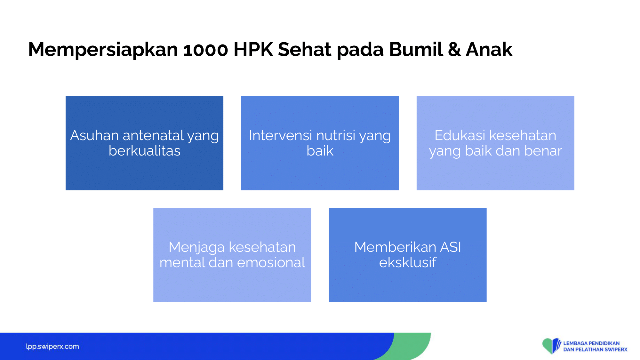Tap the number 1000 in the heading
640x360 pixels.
pos(206,50)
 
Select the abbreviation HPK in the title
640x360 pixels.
pos(253,50)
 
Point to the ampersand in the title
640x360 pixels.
pos(454,50)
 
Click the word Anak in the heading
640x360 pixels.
pos(489,50)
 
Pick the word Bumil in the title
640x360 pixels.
pos(416,50)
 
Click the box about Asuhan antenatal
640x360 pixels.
pos(144,143)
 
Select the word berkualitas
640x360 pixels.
pos(144,151)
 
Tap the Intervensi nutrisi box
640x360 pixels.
pos(320,143)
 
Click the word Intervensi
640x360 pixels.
pos(280,135)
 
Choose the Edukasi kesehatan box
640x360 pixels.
pos(495,143)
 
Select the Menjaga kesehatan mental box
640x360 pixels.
pos(232,255)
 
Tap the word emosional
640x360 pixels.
pos(271,262)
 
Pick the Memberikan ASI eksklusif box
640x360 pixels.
pos(408,255)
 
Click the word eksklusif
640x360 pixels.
pos(408,262)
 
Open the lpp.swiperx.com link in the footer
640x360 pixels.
pos(52,347)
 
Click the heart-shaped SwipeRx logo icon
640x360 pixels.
pos(551,346)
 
